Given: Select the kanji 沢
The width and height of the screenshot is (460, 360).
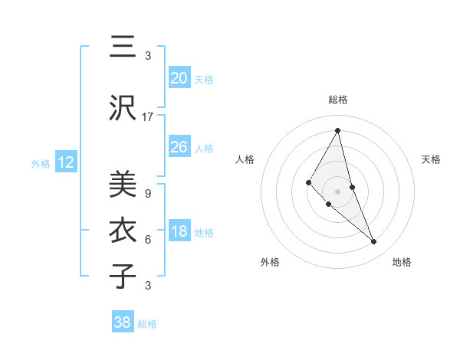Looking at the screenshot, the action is coord(122,109).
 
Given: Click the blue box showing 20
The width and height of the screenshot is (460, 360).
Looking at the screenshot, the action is coord(179,78).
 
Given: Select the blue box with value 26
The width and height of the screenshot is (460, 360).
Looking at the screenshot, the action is coord(179,147).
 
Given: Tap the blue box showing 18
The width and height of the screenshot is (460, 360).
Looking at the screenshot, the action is coord(179,232).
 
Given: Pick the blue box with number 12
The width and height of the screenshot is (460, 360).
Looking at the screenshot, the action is coord(65,162).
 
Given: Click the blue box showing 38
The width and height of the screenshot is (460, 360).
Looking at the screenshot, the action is coord(123,322).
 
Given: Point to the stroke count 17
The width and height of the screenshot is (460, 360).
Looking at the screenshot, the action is coord(148,117).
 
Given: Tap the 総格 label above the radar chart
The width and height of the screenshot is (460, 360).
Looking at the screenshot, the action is coord(337,100).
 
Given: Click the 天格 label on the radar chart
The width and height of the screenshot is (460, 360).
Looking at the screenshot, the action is coord(431,159).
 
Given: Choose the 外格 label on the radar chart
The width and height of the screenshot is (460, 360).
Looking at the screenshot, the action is coord(270,262).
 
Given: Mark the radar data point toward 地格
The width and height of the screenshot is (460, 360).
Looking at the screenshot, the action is coord(374,242).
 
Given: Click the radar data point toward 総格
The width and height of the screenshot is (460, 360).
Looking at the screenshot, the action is coord(337,130).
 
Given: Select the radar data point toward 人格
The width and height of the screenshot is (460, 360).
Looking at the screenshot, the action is coord(308,182).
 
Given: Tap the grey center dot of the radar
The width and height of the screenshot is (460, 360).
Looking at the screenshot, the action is coord(337,191).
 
